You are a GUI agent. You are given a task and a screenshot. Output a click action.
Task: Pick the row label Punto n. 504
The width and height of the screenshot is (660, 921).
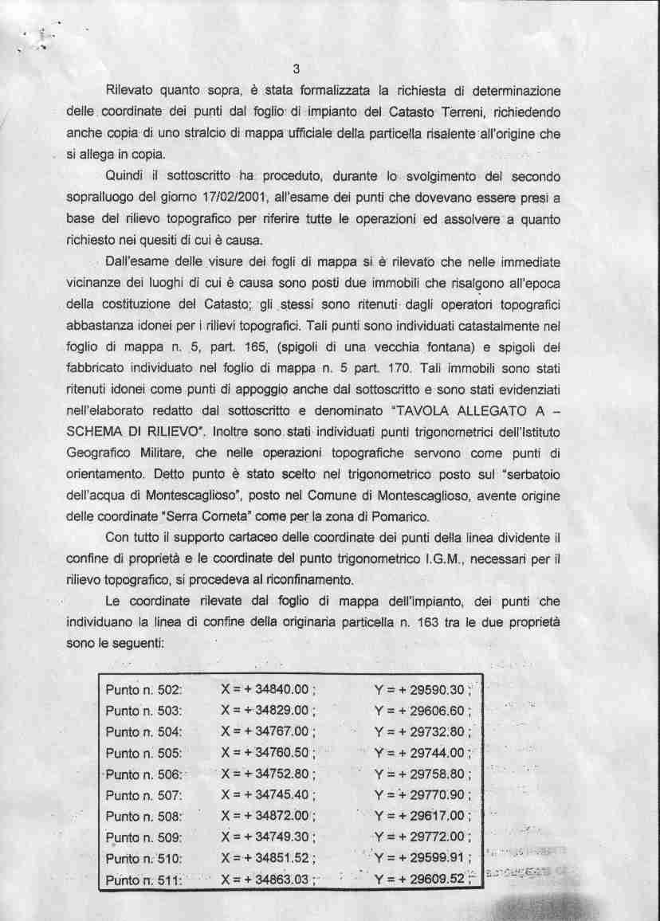point(144,731)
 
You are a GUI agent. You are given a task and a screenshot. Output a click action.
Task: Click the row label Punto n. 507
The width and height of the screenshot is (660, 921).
point(144,795)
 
